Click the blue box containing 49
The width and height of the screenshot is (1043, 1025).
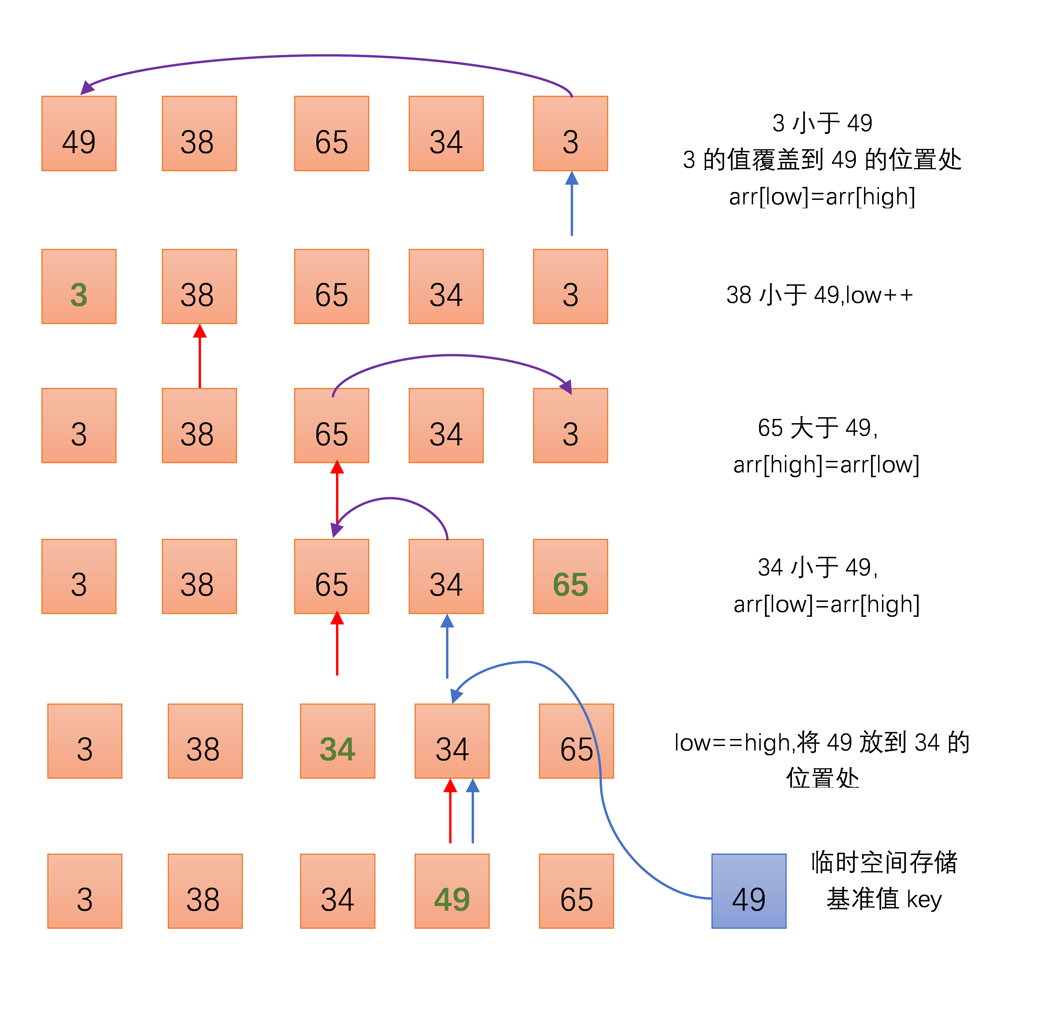click(749, 891)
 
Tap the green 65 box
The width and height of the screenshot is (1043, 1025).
click(570, 577)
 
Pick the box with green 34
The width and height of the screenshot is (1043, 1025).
click(337, 741)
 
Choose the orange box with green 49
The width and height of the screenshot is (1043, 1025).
click(452, 891)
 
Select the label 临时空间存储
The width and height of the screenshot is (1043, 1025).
click(884, 862)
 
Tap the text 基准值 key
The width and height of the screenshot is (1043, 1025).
click(884, 899)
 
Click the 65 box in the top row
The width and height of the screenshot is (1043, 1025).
click(332, 133)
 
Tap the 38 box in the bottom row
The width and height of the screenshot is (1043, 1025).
click(205, 891)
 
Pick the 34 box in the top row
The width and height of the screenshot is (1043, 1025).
click(446, 133)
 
